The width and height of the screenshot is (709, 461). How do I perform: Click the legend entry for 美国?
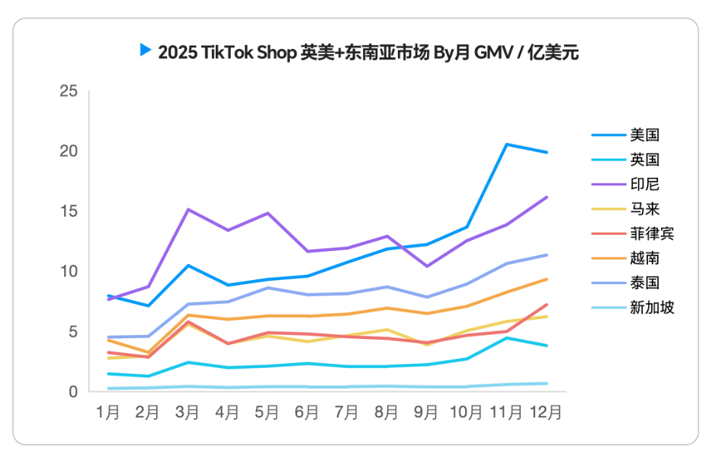(644, 135)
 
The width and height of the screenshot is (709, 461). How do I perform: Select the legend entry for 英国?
(644, 160)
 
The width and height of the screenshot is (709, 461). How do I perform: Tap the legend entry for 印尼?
(644, 184)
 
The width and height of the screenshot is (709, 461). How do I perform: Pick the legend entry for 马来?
(644, 208)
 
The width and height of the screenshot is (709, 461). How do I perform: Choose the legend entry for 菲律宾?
(651, 234)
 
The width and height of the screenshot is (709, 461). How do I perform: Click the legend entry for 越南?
(644, 258)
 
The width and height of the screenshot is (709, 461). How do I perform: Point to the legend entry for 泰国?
(644, 282)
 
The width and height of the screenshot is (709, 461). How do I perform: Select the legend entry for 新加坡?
(651, 308)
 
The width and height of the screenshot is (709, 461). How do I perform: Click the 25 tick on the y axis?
(69, 92)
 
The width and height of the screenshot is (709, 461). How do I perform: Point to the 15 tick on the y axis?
(69, 211)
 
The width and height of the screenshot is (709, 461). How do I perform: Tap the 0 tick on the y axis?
(73, 392)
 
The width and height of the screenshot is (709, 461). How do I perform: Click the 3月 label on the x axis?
(187, 413)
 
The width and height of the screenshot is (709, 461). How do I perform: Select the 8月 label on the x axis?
(387, 413)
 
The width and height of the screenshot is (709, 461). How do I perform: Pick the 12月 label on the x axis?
(546, 413)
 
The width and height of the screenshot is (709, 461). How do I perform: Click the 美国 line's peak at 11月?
(506, 144)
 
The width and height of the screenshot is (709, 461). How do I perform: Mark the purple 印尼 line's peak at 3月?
(188, 209)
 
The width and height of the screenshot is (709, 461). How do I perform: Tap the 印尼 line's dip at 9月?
(427, 266)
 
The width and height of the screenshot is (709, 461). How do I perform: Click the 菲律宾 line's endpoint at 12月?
(547, 305)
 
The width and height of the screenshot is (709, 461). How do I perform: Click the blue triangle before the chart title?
(145, 50)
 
